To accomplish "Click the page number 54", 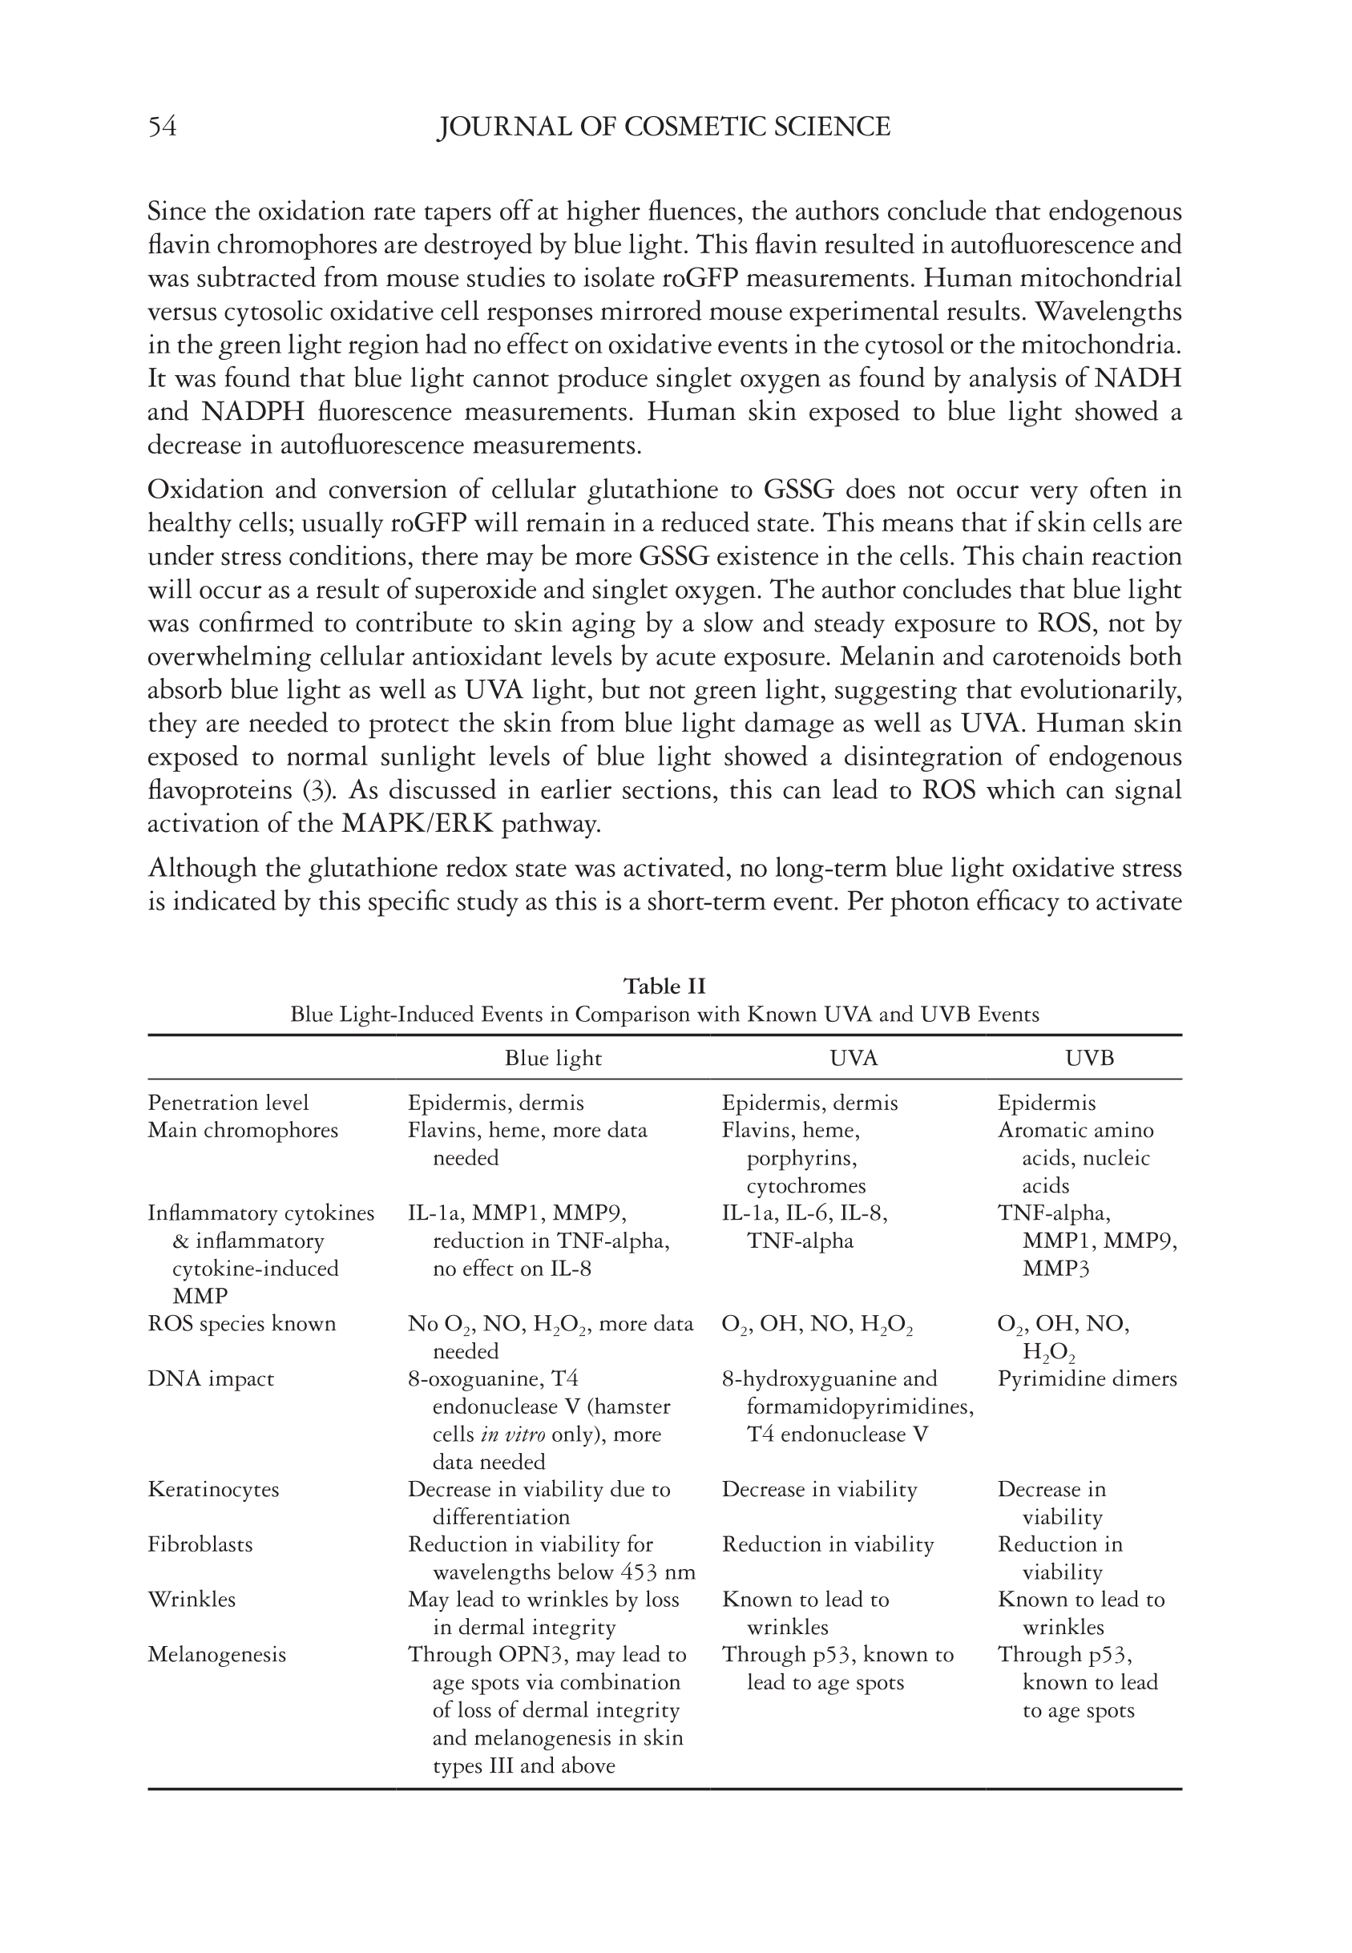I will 162,127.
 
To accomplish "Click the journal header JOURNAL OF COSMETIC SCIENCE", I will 664,127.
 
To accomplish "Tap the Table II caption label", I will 664,986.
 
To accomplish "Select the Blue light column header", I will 553,1058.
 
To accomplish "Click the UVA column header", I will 854,1058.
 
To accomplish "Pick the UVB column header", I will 1089,1058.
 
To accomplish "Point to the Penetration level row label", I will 228,1103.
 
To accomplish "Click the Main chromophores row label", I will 242,1131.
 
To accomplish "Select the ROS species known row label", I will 241,1324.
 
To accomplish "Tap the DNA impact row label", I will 211,1378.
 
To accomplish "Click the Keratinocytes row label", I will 213,1489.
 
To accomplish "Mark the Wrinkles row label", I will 192,1599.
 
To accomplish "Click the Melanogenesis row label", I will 217,1654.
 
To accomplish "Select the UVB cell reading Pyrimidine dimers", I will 1087,1378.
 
